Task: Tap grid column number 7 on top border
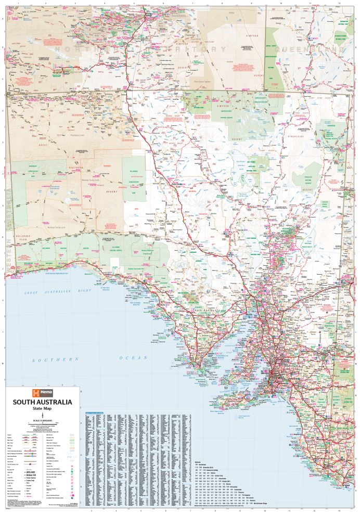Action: coord(193,3)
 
